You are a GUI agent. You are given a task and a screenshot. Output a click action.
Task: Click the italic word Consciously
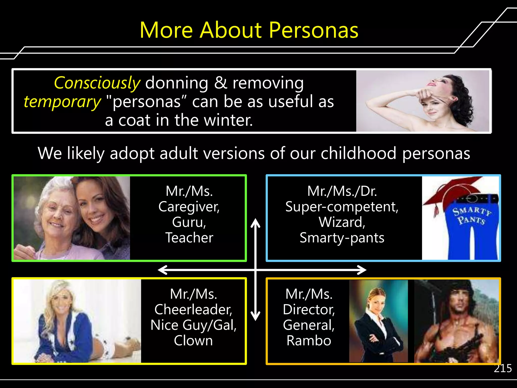click(x=97, y=83)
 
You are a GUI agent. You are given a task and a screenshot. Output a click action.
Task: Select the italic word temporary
click(x=62, y=102)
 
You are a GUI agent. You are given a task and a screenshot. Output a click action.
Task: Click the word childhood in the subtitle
click(x=358, y=153)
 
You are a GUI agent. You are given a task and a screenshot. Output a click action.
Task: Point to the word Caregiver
click(x=189, y=207)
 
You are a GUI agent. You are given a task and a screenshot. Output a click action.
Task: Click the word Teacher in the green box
click(x=189, y=238)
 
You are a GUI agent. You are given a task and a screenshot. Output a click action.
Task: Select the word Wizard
click(x=342, y=222)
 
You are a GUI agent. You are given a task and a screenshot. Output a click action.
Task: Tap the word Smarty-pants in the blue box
click(x=342, y=238)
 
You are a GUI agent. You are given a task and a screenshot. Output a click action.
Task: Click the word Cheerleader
click(x=193, y=309)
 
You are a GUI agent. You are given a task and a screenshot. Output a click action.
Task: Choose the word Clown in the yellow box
click(x=193, y=341)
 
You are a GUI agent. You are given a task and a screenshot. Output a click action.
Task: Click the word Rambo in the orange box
click(x=308, y=341)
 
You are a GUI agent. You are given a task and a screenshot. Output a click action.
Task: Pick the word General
click(x=308, y=325)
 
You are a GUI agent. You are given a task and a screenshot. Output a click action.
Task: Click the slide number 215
click(x=503, y=369)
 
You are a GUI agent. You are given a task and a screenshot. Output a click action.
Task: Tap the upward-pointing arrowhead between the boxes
click(x=255, y=222)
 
